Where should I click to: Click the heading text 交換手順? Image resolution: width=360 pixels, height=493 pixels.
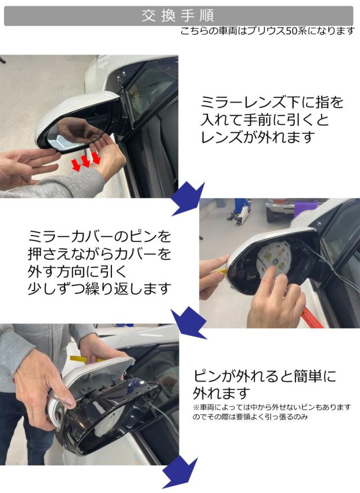pyautogui.click(x=178, y=16)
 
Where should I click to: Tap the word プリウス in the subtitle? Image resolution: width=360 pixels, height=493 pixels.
pyautogui.click(x=267, y=31)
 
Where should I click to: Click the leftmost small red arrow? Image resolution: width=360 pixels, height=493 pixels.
pyautogui.click(x=76, y=165)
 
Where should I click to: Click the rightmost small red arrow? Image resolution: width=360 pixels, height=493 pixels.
pyautogui.click(x=96, y=158)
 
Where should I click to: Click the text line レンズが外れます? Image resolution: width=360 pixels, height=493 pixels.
pyautogui.click(x=258, y=137)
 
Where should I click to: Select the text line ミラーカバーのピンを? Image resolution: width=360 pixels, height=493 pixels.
pyautogui.click(x=100, y=237)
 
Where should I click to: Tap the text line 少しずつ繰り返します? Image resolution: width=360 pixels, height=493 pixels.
pyautogui.click(x=100, y=288)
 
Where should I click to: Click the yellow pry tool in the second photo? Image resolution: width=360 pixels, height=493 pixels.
pyautogui.click(x=222, y=272)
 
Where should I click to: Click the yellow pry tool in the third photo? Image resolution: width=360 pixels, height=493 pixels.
pyautogui.click(x=83, y=359)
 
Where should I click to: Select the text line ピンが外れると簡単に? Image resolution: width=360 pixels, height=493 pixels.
pyautogui.click(x=264, y=376)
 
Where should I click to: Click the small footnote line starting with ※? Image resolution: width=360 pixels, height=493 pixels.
pyautogui.click(x=272, y=407)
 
